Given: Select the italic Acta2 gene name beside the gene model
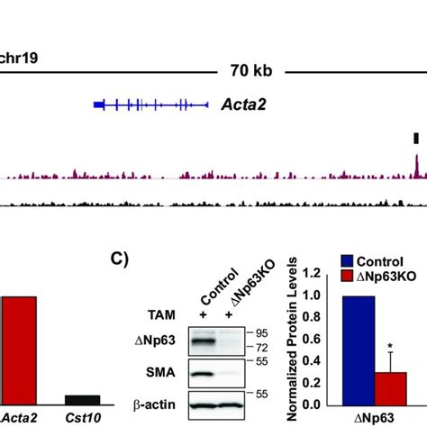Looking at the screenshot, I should (x=243, y=104).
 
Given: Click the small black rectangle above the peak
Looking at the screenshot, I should (x=415, y=137).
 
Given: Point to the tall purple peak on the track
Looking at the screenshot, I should (x=416, y=165).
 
